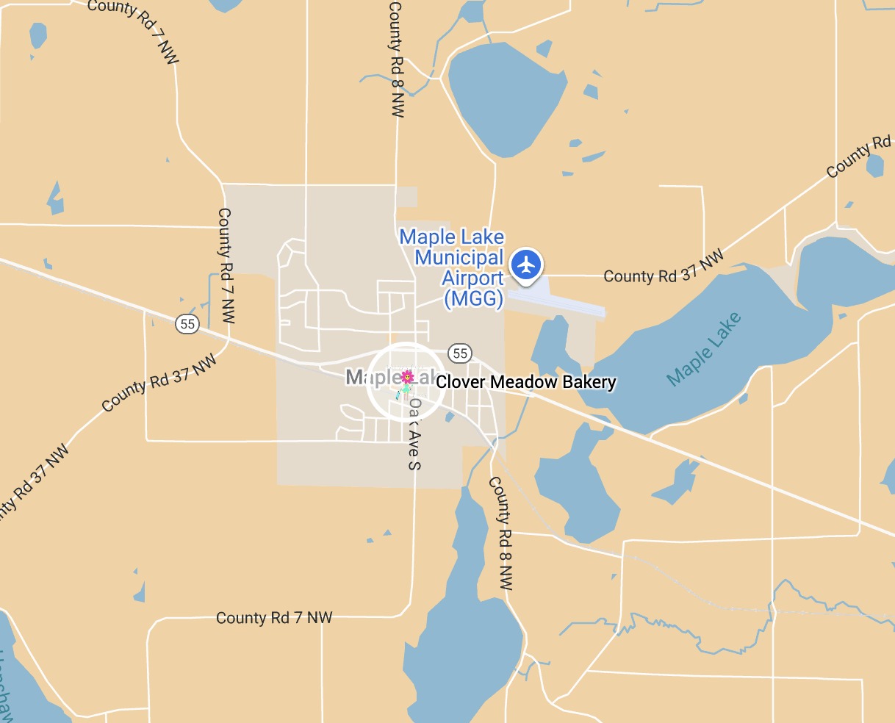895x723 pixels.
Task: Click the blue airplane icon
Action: point(526,264)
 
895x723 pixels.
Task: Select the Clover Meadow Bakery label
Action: point(526,382)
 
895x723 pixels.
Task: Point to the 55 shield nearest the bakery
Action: point(460,353)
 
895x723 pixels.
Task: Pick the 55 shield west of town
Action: point(187,323)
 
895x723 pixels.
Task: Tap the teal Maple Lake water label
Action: point(704,349)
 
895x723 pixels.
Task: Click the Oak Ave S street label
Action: point(415,434)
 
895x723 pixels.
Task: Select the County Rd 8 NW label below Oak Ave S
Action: point(500,533)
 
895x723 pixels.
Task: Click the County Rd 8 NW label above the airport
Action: point(396,59)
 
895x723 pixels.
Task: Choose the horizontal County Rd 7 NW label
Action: point(274,617)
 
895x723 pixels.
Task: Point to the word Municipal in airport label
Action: point(459,258)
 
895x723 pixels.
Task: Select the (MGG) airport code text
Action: point(474,299)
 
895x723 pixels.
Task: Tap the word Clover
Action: point(461,382)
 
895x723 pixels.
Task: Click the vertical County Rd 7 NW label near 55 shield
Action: point(225,266)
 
